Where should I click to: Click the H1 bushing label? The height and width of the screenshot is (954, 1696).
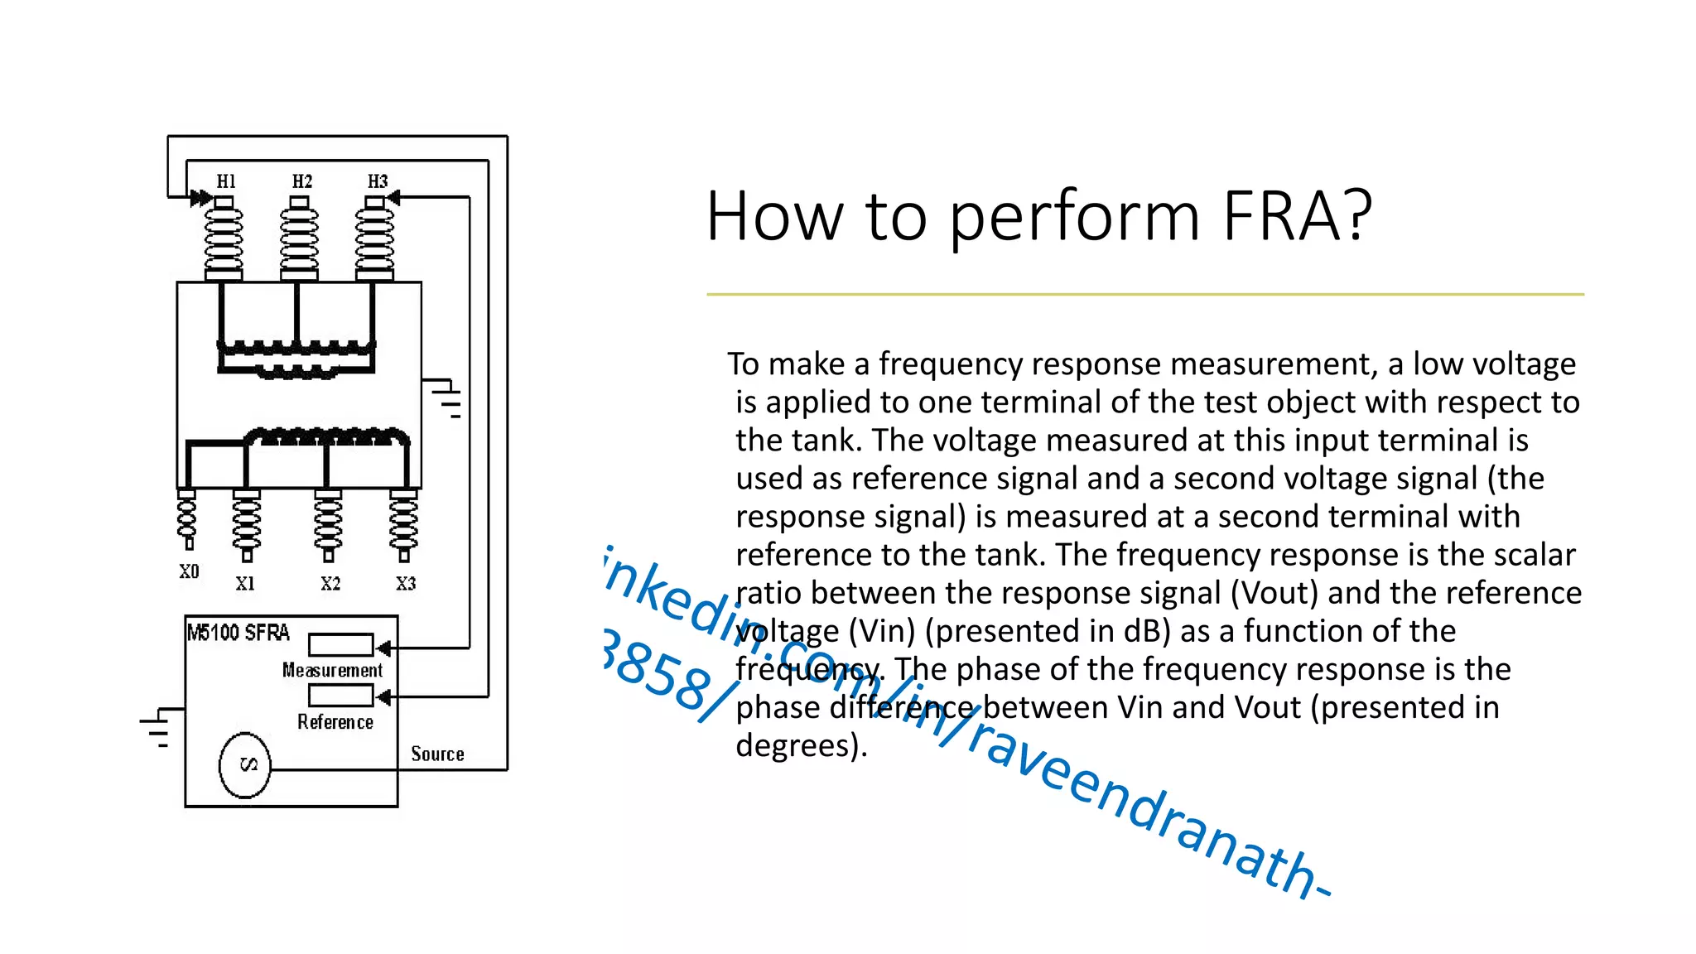pos(226,181)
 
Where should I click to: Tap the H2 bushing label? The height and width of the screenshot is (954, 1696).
pos(301,181)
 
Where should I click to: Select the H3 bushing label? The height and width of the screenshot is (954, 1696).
pos(378,181)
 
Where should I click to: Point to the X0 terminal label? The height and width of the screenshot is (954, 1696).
pos(189,571)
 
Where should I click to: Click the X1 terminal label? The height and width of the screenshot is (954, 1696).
pos(245,584)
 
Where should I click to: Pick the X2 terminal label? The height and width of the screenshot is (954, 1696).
pos(330,584)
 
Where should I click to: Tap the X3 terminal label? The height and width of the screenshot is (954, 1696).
pos(406,584)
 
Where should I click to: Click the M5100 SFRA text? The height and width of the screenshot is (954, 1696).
pos(238,634)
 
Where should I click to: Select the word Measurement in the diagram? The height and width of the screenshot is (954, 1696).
pos(332,671)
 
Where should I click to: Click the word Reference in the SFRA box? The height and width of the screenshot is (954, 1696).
pos(335,722)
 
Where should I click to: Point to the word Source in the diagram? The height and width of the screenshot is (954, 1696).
pos(437,754)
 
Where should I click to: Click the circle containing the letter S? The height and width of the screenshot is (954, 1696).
pos(245,765)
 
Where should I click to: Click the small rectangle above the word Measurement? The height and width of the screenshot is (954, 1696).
pos(340,645)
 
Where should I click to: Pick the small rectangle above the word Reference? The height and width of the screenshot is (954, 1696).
pos(340,696)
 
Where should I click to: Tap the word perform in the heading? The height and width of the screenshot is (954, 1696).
pos(1075,217)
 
